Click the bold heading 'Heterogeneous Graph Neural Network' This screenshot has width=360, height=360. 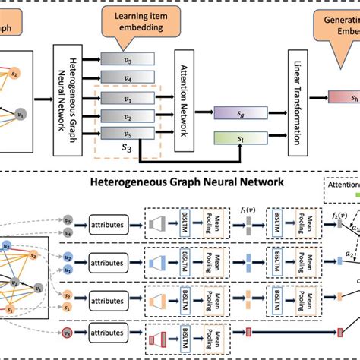pyautogui.click(x=187, y=182)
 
